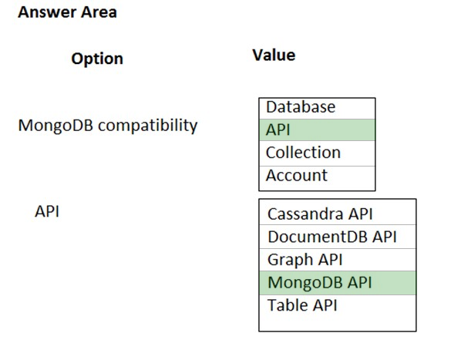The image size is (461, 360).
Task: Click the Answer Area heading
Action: tap(67, 12)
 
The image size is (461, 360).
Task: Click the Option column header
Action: tap(97, 59)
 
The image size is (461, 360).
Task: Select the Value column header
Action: tap(274, 56)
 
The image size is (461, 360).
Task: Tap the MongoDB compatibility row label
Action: tap(108, 126)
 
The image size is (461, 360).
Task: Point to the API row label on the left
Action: tap(47, 211)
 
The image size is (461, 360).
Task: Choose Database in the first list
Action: tap(301, 107)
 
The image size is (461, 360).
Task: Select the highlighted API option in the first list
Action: tap(278, 130)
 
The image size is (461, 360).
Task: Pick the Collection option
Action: tap(303, 153)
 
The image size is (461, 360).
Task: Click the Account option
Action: tap(297, 176)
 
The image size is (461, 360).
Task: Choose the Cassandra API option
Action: tap(320, 214)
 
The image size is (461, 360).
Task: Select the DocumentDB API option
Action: tap(332, 237)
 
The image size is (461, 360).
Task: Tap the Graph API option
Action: tap(305, 260)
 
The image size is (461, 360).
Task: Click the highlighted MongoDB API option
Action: tap(320, 282)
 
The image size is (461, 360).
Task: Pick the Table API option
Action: tap(302, 305)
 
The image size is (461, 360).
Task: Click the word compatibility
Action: tap(148, 126)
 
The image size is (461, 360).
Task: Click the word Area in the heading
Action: tap(99, 12)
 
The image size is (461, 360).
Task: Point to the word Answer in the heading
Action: tap(48, 12)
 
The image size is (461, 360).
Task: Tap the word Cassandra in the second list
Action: tap(305, 214)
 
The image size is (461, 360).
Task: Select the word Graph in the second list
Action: tap(290, 260)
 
